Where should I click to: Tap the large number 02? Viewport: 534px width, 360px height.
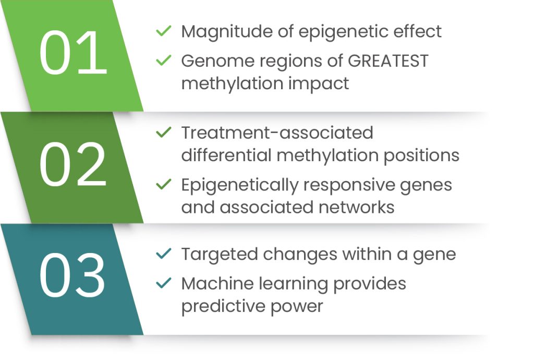[72, 167]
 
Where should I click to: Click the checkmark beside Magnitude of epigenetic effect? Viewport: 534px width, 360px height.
[164, 31]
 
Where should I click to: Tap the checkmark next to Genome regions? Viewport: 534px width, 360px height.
[164, 61]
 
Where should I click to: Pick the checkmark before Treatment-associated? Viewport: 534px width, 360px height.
[164, 133]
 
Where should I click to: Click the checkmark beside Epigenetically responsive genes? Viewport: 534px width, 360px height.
[164, 184]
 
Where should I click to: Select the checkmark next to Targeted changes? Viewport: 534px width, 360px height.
[164, 254]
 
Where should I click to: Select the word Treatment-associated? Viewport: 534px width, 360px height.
[277, 133]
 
